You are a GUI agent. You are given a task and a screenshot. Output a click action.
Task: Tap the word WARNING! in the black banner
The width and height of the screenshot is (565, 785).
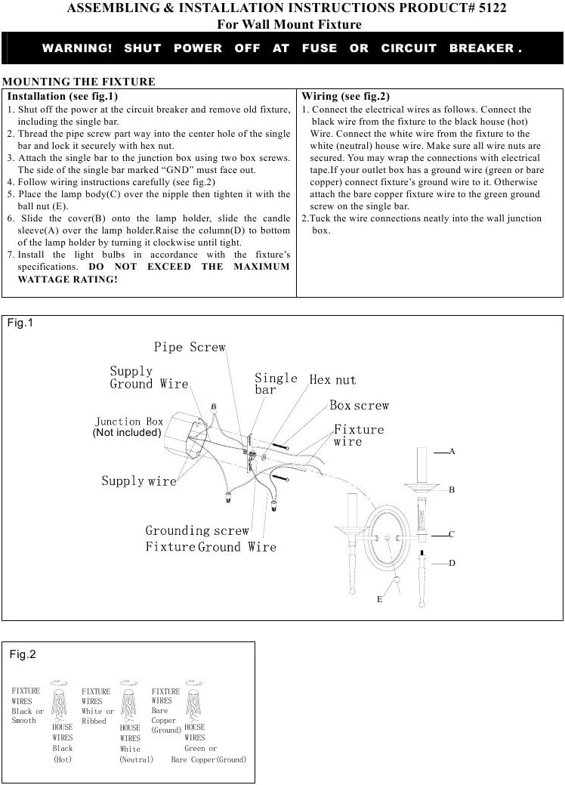tap(77, 48)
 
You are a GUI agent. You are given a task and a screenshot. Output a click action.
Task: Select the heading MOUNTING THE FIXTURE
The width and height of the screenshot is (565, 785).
tap(79, 82)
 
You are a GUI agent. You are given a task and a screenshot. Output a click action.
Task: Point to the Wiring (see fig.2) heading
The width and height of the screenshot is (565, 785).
tap(345, 97)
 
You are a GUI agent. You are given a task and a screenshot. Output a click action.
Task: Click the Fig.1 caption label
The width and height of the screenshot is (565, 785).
tap(20, 323)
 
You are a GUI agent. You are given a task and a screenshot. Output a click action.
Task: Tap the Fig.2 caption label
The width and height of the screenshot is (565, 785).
tap(23, 654)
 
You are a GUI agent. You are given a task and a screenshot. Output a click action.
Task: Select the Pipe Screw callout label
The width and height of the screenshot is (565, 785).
tap(190, 347)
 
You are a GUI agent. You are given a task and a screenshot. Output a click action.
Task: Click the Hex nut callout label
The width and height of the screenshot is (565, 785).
tap(332, 379)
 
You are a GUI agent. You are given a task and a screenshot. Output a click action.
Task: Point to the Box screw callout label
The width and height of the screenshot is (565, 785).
tap(360, 406)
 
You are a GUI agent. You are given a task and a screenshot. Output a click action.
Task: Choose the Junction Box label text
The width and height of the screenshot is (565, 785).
tap(129, 422)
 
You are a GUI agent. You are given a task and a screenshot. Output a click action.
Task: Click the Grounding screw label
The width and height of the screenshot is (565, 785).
tap(197, 530)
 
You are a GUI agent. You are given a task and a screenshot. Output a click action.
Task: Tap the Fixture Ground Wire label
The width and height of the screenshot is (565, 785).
tap(211, 546)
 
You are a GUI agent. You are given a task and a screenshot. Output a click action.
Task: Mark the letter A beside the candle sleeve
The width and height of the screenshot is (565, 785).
tap(452, 451)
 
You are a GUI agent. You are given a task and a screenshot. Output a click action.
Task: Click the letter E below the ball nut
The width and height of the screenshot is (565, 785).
tap(379, 599)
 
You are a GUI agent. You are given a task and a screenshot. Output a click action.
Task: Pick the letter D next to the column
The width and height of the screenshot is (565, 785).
tap(452, 563)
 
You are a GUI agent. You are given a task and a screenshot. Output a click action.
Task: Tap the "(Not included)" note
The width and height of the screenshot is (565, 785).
tap(127, 433)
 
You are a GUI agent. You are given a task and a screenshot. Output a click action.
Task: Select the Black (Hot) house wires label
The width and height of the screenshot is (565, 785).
tap(63, 748)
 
